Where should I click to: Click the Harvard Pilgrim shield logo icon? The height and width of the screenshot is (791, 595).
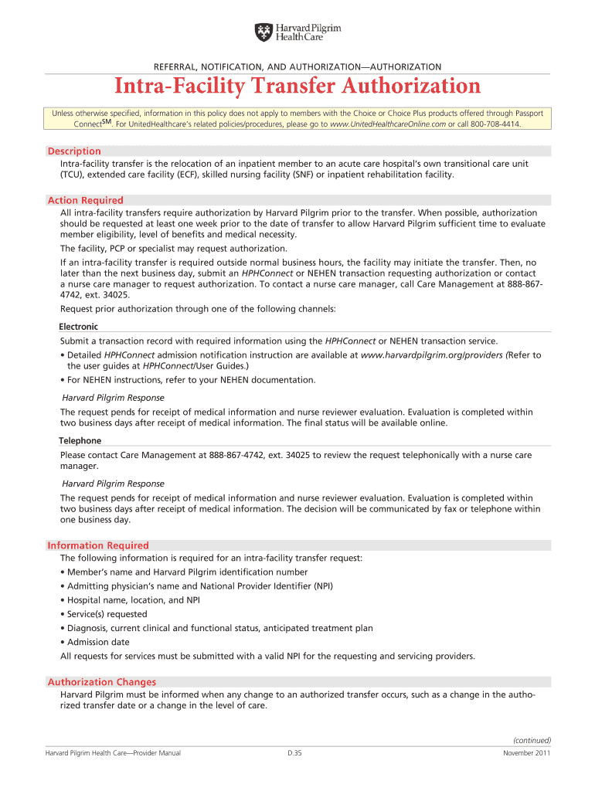263,32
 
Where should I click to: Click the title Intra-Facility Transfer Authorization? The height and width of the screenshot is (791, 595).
297,87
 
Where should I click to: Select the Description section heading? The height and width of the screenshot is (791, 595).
74,151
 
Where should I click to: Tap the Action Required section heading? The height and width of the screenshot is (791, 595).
85,200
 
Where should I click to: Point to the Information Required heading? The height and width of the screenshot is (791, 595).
98,545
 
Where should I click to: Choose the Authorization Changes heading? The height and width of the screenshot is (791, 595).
102,682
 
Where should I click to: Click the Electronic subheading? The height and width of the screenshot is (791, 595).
79,327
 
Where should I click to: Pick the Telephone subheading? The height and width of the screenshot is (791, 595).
80,440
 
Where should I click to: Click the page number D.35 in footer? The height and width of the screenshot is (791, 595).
294,753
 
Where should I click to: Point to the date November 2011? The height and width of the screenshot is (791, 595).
526,753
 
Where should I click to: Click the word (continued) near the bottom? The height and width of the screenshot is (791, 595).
532,739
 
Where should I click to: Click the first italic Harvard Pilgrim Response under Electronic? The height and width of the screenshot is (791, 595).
113,398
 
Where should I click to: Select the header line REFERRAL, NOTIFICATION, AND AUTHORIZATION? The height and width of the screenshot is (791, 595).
297,67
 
